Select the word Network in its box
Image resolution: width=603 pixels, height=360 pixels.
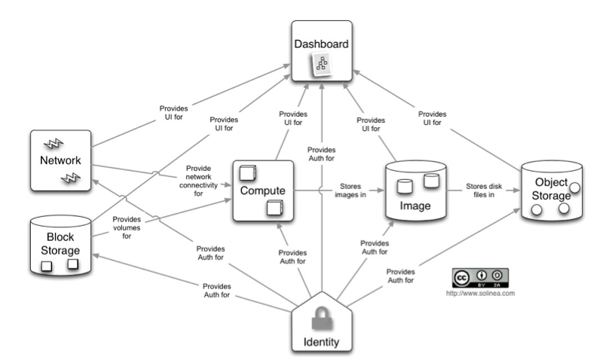(60, 161)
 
